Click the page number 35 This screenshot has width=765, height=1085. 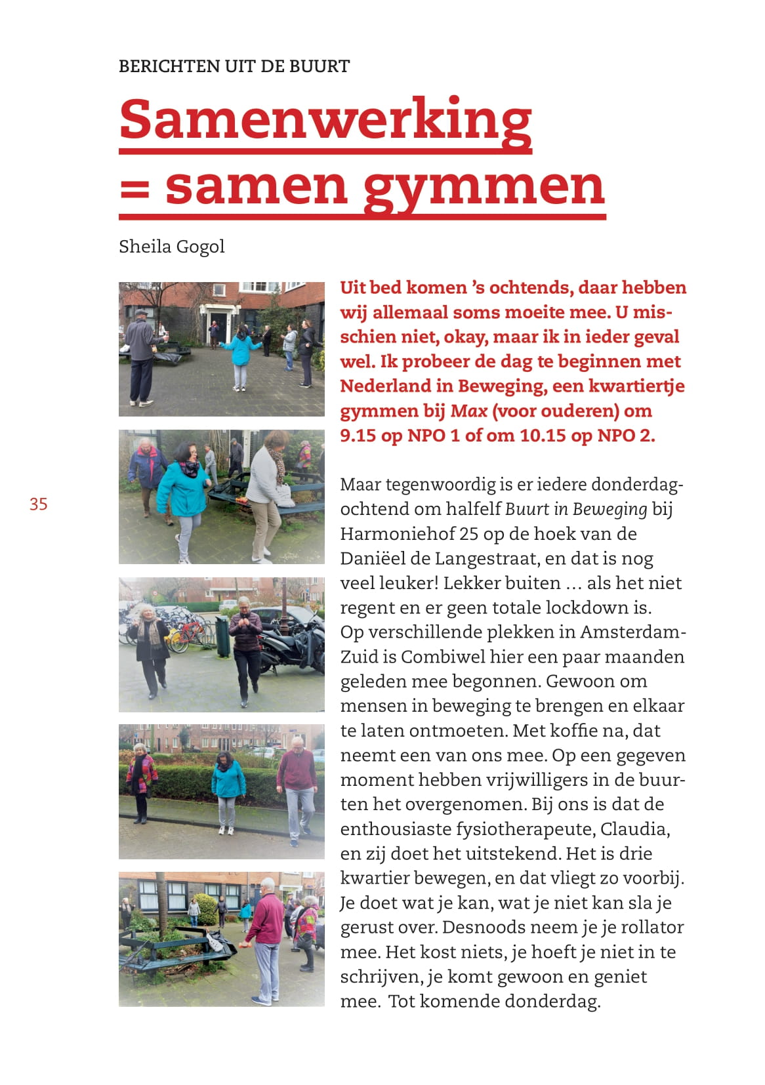pyautogui.click(x=38, y=504)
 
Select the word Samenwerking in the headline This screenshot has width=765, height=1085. pyautogui.click(x=325, y=119)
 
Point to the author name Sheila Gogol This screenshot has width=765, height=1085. pyautogui.click(x=171, y=247)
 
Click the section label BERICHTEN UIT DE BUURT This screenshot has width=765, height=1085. pyautogui.click(x=234, y=66)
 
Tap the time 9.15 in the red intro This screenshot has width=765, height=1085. pyautogui.click(x=359, y=436)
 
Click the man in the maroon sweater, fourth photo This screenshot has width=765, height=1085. pyautogui.click(x=298, y=784)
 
